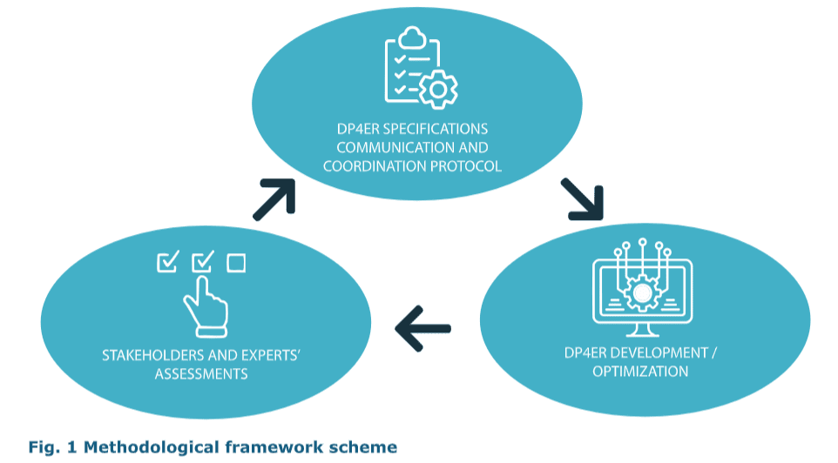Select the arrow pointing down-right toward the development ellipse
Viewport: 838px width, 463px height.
click(582, 199)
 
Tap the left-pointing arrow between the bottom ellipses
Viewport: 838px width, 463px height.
click(423, 328)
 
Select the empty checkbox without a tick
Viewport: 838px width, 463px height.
click(236, 262)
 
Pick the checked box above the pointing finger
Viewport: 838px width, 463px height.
click(202, 260)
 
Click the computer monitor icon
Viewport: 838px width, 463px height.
click(643, 292)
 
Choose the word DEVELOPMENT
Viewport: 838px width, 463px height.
click(659, 353)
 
